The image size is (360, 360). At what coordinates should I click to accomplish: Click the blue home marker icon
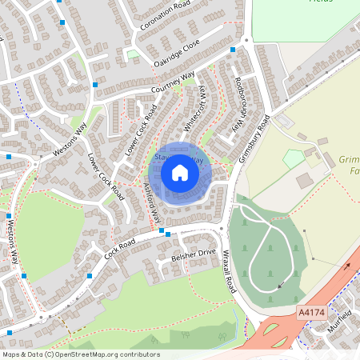[x=180, y=172]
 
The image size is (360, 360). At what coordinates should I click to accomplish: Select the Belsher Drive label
[x=194, y=256]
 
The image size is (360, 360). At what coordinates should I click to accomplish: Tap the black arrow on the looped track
[x=279, y=285]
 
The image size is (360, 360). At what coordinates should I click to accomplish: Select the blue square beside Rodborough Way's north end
[x=233, y=50]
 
